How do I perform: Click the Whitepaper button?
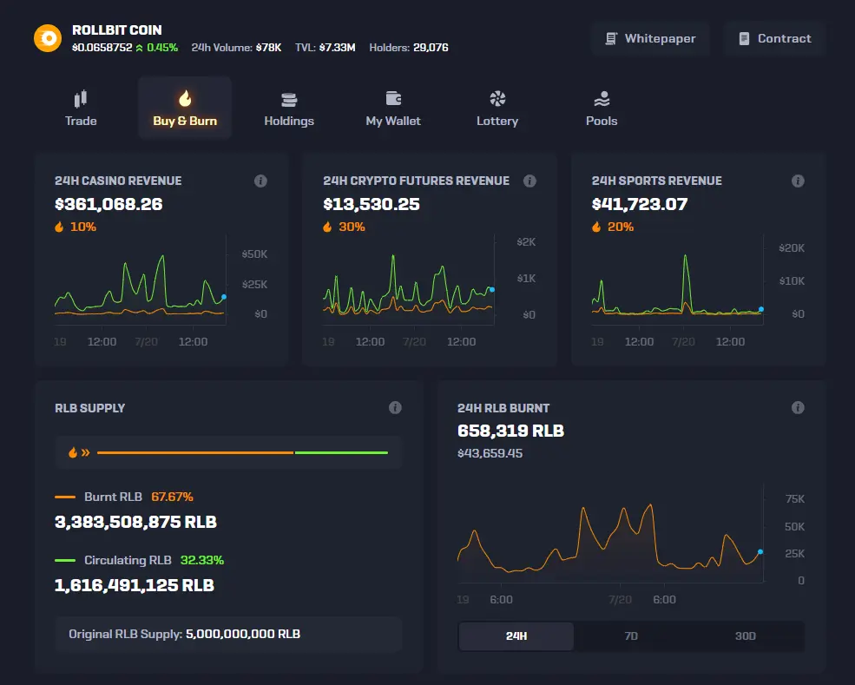(x=650, y=39)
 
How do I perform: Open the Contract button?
(x=774, y=39)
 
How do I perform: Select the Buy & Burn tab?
(x=185, y=108)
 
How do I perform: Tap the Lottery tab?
(x=497, y=108)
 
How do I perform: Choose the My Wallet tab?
(x=393, y=108)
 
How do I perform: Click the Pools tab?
(x=602, y=108)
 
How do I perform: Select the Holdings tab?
(x=289, y=108)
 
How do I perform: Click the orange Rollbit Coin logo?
(x=48, y=38)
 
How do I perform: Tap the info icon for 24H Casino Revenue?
(x=260, y=181)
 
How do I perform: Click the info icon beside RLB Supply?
(x=395, y=407)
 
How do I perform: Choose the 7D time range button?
(x=631, y=636)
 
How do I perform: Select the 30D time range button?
(x=746, y=636)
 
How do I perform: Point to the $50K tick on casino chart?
(x=254, y=254)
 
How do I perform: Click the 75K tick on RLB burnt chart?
(x=795, y=499)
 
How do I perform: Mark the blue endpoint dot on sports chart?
(x=761, y=309)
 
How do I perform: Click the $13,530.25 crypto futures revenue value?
(x=372, y=204)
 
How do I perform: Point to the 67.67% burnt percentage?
(x=173, y=497)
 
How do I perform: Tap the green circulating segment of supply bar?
(x=341, y=452)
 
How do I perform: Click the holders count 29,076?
(x=431, y=48)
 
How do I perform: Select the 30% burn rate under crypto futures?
(x=352, y=227)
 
